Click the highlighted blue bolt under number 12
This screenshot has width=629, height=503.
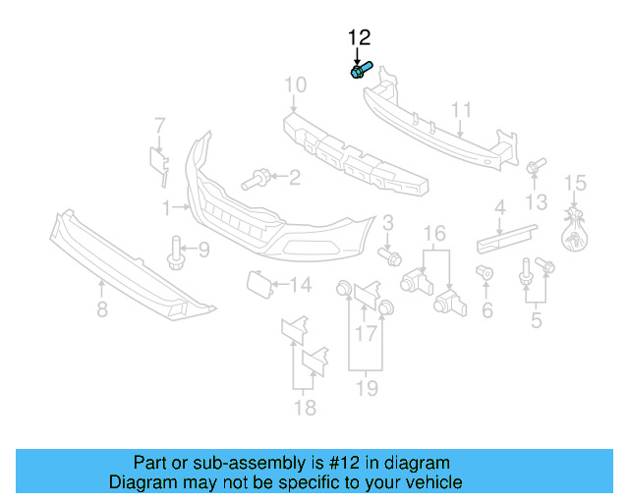point(360,71)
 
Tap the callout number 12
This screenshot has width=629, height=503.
point(359,38)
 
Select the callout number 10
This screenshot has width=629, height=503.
point(296,86)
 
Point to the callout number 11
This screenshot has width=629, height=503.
point(461,109)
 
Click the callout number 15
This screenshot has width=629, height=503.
point(575,183)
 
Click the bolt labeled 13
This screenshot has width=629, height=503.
point(535,168)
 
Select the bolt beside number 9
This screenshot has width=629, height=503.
point(177,252)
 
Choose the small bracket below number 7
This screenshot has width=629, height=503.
point(157,163)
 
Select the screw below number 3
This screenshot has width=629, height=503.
point(390,256)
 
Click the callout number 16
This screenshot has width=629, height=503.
point(434,233)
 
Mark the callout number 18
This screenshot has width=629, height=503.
point(306,407)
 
